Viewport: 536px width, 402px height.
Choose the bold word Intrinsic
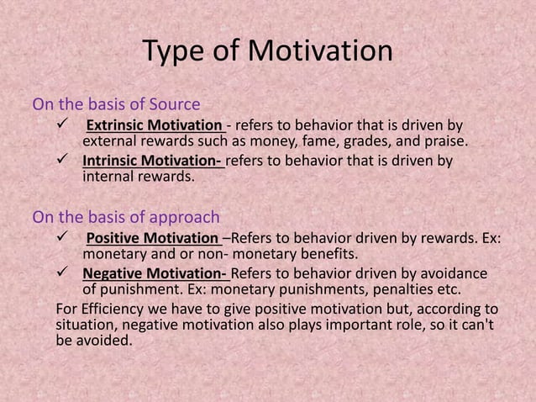113,161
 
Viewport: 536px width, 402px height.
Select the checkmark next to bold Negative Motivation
60,273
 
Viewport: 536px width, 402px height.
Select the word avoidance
453,273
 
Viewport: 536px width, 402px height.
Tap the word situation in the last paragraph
85,324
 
